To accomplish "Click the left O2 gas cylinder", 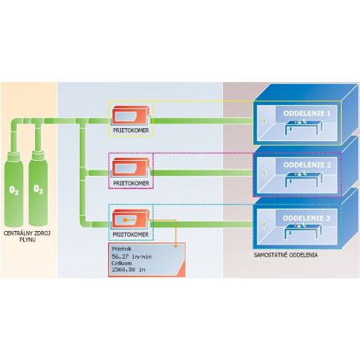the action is click(x=14, y=188).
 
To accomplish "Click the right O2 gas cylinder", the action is click(x=38, y=188).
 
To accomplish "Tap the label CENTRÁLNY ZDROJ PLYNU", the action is click(x=27, y=237).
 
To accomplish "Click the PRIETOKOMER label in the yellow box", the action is click(x=131, y=131).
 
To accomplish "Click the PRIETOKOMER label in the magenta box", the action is click(x=131, y=183).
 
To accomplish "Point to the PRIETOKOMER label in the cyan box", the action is click(x=131, y=235).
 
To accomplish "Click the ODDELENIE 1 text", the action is click(x=307, y=113).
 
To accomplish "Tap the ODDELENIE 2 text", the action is click(x=307, y=165).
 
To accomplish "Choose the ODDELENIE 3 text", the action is click(x=307, y=218).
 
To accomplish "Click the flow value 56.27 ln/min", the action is click(x=132, y=256).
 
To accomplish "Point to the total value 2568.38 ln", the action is click(x=128, y=270).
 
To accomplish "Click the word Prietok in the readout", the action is click(x=122, y=249).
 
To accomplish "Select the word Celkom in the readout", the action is click(x=122, y=264).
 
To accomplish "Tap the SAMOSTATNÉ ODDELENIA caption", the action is click(x=286, y=255).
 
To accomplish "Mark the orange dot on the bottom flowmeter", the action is click(x=125, y=220).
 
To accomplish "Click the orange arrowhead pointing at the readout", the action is click(x=175, y=246).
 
